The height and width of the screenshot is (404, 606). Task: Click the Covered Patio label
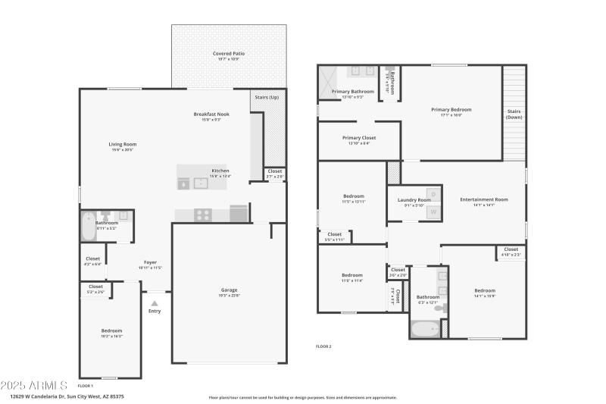click(228, 54)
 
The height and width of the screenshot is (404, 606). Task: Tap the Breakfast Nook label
click(211, 114)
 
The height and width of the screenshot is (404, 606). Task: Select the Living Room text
click(122, 144)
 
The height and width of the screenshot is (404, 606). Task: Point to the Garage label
click(229, 289)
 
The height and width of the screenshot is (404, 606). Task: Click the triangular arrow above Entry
click(155, 302)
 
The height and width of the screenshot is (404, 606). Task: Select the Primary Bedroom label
click(451, 110)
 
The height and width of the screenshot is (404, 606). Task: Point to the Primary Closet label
click(359, 138)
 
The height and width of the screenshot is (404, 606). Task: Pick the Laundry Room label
click(414, 200)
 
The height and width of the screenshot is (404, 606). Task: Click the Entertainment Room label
click(483, 199)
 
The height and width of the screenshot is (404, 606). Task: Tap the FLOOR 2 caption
click(323, 346)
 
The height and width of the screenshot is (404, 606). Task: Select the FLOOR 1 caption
click(86, 386)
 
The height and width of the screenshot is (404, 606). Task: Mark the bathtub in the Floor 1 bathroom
click(89, 226)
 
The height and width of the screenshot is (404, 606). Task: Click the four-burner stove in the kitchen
click(202, 215)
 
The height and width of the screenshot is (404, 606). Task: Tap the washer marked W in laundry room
click(433, 212)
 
